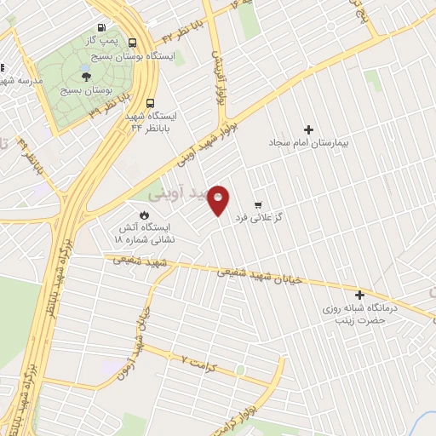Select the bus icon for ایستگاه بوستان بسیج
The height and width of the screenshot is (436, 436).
tap(133, 42)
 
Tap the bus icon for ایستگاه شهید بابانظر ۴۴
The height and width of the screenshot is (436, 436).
tap(150, 100)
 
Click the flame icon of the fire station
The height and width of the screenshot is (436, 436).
tap(144, 215)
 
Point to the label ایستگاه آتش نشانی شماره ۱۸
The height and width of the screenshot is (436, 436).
tap(144, 233)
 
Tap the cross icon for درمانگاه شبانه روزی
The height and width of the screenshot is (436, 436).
tap(359, 294)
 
